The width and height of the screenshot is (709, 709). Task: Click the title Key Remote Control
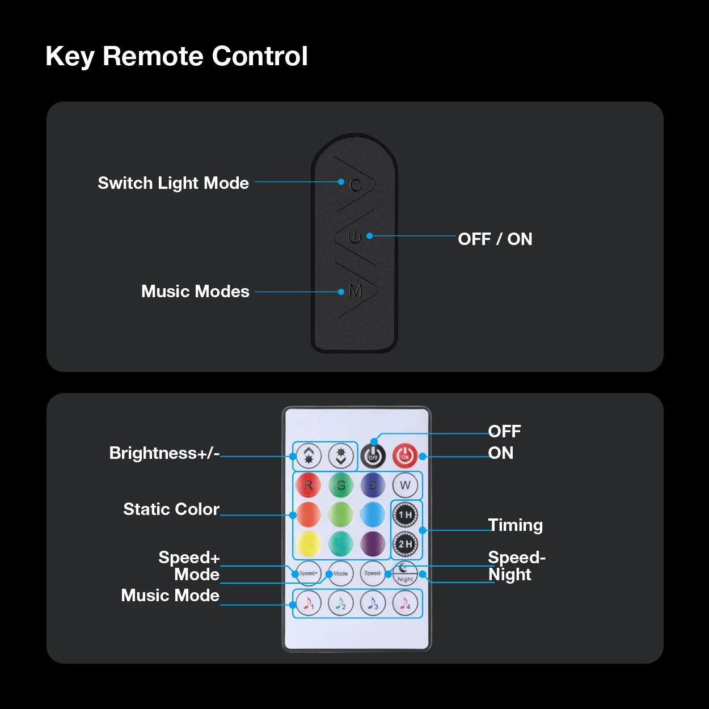point(176,56)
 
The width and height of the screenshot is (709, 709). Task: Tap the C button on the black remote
point(356,185)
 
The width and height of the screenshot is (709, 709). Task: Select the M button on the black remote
point(356,292)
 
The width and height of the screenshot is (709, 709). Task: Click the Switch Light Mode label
point(173,183)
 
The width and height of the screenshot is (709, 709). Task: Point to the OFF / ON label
point(495,239)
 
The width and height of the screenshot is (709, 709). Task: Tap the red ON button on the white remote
point(405,455)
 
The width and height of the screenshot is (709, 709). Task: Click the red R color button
point(308,486)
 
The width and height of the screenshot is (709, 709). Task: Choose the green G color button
point(341,486)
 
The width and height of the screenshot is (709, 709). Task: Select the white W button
point(405,486)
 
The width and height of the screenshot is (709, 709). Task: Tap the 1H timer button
point(405,515)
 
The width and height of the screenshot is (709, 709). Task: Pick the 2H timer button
point(405,544)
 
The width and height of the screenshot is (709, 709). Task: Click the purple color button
point(373,544)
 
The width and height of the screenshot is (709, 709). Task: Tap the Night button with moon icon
point(405,573)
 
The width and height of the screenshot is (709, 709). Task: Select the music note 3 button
point(373,604)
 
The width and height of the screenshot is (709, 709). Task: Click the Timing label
point(515,525)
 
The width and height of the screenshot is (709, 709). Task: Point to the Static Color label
point(171,509)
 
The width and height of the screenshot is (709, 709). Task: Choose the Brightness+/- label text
point(164,453)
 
